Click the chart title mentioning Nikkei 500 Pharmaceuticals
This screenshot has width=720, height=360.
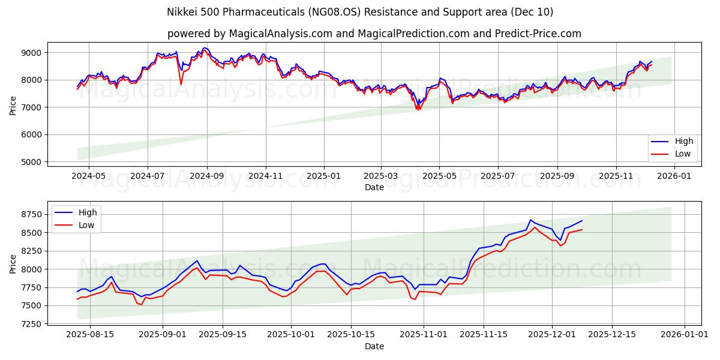(360, 12)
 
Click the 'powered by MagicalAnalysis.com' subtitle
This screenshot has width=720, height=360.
(360, 34)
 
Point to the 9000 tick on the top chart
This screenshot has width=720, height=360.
(32, 53)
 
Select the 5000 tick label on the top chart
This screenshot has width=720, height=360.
(32, 162)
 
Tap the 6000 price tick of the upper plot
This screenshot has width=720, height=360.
(32, 134)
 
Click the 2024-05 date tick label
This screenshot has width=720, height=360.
(89, 176)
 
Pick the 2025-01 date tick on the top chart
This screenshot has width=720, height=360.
(324, 176)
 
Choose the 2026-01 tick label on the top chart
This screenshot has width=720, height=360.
(674, 176)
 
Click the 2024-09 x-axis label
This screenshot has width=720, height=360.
(207, 176)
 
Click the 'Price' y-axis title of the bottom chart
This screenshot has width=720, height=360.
(13, 263)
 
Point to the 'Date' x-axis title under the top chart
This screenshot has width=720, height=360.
(374, 187)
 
